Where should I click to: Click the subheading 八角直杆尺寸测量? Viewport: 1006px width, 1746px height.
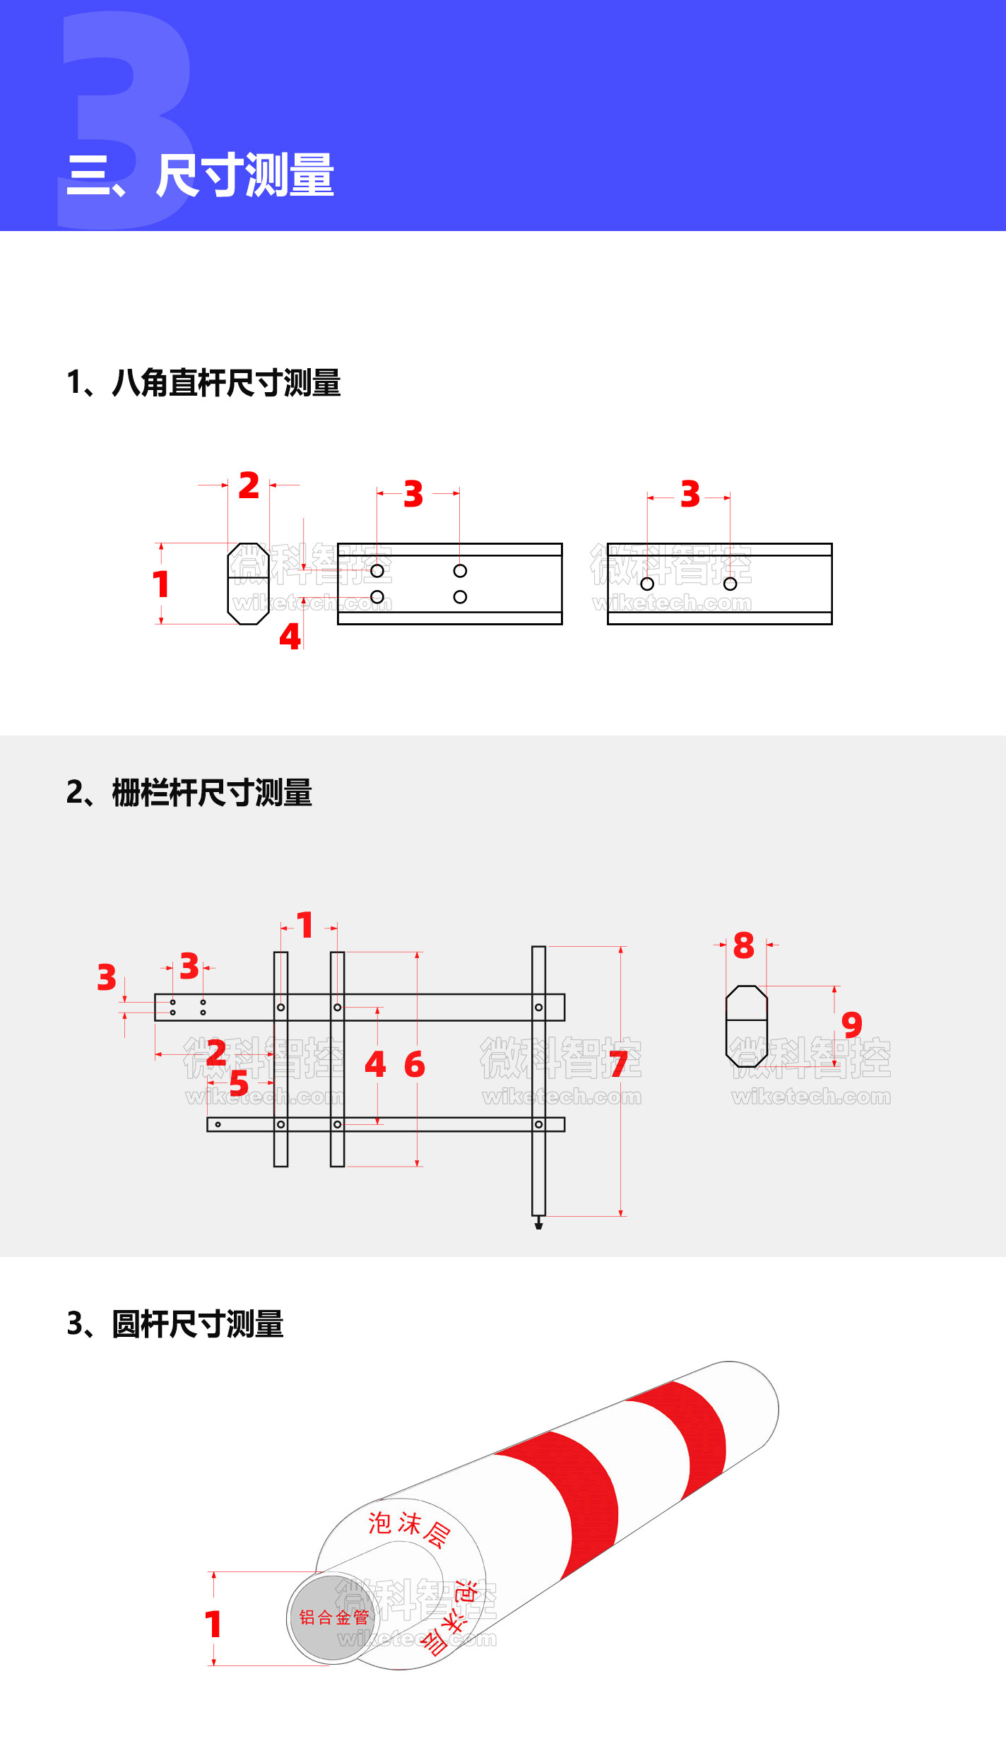coord(225,384)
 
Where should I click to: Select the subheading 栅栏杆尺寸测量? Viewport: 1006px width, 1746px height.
coord(211,793)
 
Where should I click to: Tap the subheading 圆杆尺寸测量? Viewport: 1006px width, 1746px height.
coord(197,1324)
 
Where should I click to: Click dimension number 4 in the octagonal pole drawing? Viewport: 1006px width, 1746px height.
coord(290,637)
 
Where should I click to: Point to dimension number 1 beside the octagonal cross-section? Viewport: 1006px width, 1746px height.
coord(161,585)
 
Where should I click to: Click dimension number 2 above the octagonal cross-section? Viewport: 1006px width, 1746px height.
coord(249,486)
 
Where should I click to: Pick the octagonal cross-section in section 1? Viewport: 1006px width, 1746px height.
coord(248,584)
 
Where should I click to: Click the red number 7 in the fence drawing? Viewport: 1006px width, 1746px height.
coord(618,1064)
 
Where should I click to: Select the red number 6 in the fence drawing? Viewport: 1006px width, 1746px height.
coord(415,1064)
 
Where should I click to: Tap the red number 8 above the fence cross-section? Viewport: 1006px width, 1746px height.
coord(744,945)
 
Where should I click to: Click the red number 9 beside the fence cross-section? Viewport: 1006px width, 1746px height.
coord(852,1025)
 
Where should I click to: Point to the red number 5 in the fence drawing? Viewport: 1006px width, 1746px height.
coord(239,1083)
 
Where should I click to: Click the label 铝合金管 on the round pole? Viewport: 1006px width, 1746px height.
coord(333,1617)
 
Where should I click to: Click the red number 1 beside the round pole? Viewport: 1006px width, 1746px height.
coord(213,1624)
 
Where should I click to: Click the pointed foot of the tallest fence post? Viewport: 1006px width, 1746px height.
coord(538,1223)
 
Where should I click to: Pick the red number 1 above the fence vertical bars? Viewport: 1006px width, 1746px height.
coord(305,926)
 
